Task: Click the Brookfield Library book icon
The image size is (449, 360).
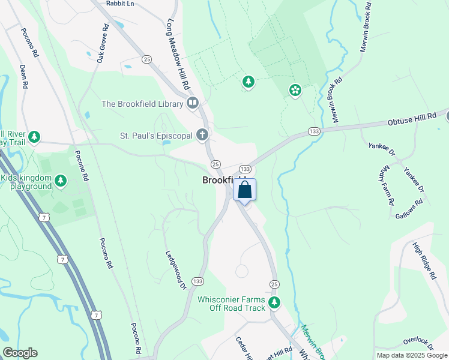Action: pos(192,103)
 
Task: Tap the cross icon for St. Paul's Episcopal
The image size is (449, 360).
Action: pos(203,136)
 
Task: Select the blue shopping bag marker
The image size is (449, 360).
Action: pos(244,191)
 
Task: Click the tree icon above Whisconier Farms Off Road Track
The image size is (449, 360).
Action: pos(274,302)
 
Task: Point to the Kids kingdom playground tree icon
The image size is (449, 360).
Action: pos(60,180)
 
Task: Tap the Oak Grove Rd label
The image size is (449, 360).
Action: pos(103,43)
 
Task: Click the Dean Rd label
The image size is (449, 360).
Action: pos(24,77)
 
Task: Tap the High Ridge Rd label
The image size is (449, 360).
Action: pos(424,260)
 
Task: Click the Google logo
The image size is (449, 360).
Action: pos(20,353)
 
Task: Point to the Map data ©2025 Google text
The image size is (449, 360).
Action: pos(412,355)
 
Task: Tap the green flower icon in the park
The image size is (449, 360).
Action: pos(295,90)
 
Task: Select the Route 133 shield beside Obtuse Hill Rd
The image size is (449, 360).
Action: pos(313,131)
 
